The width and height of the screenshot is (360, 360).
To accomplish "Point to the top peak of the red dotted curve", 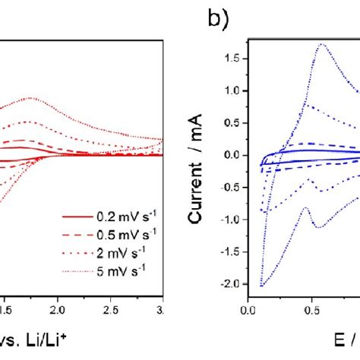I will (30, 98).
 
